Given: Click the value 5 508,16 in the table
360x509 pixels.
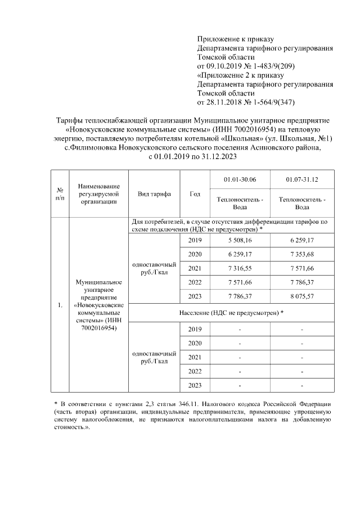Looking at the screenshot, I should pyautogui.click(x=240, y=240).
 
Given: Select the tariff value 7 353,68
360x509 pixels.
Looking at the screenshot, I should pyautogui.click(x=302, y=254).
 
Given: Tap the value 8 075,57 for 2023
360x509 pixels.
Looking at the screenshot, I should pyautogui.click(x=302, y=296).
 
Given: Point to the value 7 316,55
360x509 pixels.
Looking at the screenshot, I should pyautogui.click(x=240, y=268).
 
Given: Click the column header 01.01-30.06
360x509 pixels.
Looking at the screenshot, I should pyautogui.click(x=240, y=179).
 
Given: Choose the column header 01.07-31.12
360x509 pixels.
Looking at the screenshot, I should pyautogui.click(x=302, y=179).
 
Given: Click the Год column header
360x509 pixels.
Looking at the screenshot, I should pyautogui.click(x=195, y=194).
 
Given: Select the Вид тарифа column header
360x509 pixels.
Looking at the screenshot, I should pyautogui.click(x=154, y=194).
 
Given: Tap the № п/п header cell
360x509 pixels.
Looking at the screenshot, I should pyautogui.click(x=60, y=194).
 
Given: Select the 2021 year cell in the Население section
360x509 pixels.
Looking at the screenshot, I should pyautogui.click(x=195, y=357).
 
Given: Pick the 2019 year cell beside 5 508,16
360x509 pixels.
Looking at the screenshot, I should pyautogui.click(x=195, y=240).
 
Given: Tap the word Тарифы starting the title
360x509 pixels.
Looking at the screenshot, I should pyautogui.click(x=71, y=120).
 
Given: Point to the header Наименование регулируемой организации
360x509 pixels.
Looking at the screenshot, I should pyautogui.click(x=99, y=194).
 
